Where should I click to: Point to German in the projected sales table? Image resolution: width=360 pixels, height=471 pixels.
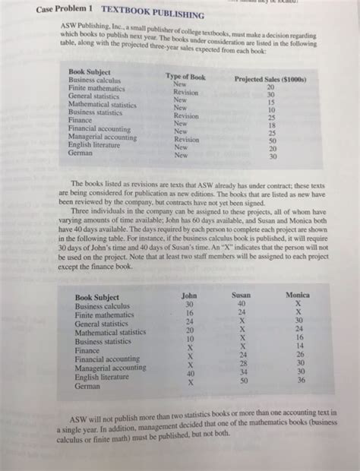[x=81, y=152]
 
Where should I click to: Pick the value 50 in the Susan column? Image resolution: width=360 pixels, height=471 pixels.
[x=243, y=381]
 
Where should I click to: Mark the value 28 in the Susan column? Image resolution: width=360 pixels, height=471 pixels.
[x=243, y=362]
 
